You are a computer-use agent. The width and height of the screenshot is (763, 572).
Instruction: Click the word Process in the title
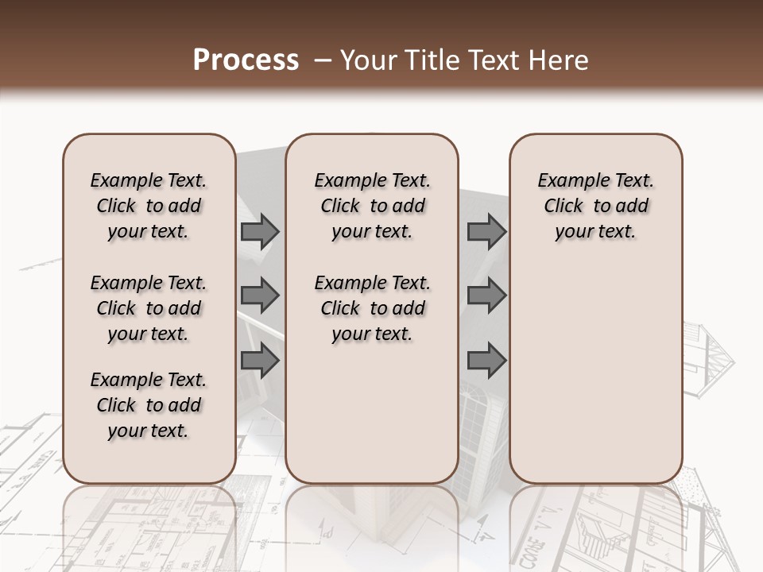pos(246,60)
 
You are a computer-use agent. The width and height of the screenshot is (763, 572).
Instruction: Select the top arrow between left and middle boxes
pos(260,232)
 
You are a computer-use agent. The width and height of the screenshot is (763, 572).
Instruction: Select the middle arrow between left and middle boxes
pos(260,296)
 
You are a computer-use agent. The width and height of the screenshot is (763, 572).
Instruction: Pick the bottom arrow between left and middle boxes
pos(260,360)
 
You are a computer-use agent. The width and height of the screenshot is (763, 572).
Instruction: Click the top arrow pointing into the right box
pos(486,232)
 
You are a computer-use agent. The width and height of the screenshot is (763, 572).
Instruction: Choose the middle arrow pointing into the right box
pos(486,296)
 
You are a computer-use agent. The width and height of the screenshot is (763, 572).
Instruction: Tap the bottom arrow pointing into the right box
pos(486,361)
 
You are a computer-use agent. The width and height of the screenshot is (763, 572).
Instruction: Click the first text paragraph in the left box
pos(149,206)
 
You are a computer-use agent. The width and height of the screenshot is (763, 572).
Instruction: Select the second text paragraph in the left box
pos(149,308)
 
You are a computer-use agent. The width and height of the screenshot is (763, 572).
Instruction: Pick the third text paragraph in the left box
pos(149,405)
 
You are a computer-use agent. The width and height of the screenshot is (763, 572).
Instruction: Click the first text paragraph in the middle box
pos(373,206)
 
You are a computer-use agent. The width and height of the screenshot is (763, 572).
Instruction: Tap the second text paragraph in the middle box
pos(373,308)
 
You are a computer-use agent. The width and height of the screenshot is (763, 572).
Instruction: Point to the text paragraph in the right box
pos(596,206)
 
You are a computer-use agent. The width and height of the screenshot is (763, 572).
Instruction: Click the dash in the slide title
pos(322,60)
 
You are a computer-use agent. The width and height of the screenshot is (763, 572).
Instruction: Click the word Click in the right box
pos(564,207)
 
